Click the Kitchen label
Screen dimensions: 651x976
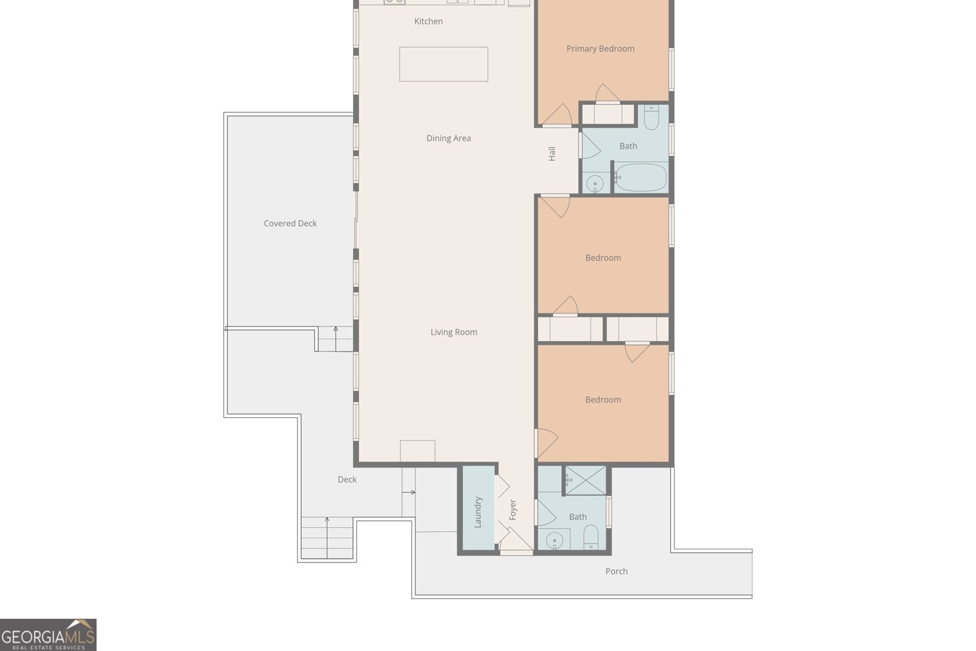428,21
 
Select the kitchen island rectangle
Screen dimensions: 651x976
443,64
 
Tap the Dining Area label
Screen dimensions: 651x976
448,138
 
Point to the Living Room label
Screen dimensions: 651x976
454,333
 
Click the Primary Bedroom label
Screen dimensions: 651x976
600,49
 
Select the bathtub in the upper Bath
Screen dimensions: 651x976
640,178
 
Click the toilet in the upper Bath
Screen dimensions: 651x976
651,118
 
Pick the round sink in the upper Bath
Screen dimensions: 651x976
595,183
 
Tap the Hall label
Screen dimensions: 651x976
552,154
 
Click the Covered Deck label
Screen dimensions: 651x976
290,224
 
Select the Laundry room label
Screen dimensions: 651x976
478,511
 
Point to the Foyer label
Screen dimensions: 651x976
513,509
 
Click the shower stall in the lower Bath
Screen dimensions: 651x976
586,480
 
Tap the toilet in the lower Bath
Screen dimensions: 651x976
591,538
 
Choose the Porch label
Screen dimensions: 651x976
616,572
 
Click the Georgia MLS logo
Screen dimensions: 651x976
48,635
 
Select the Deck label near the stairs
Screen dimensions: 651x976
347,480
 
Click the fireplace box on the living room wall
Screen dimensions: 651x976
417,451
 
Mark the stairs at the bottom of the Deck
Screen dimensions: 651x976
327,538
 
